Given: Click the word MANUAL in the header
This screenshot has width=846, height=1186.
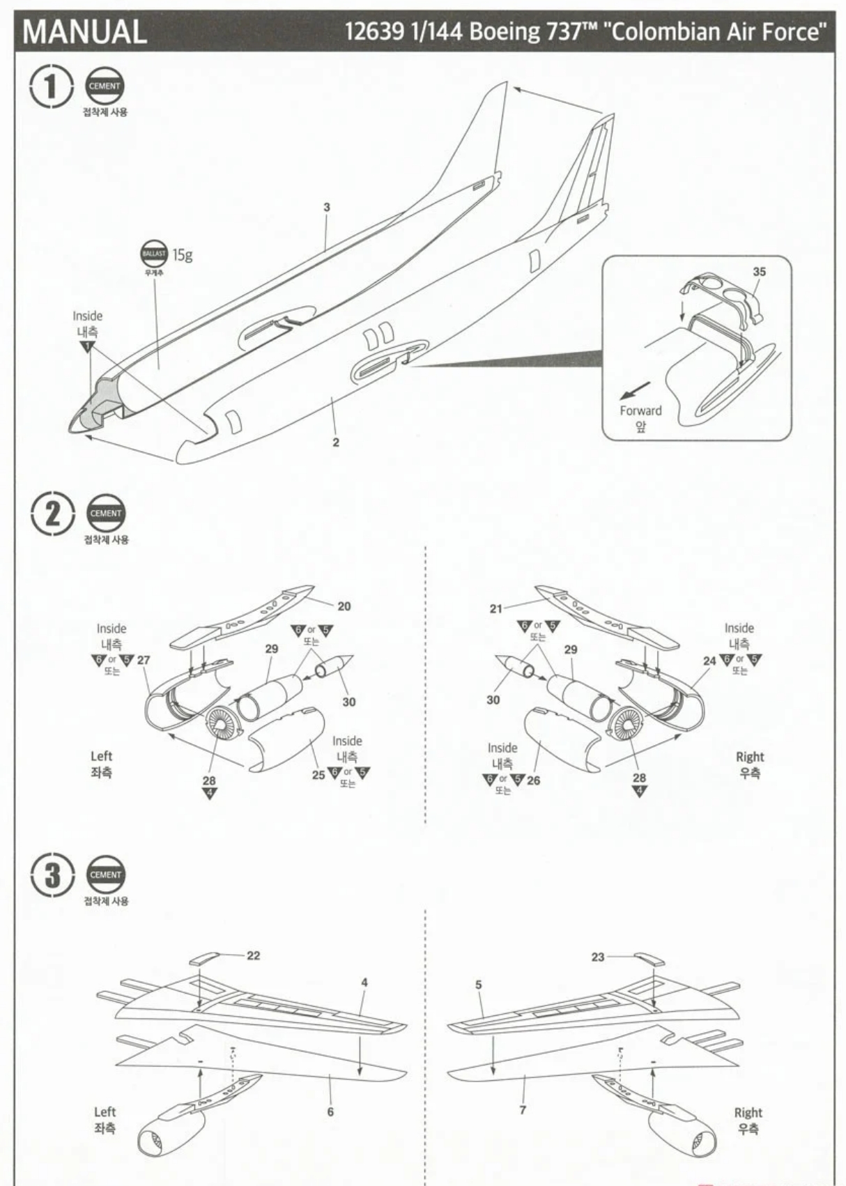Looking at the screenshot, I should click(85, 31).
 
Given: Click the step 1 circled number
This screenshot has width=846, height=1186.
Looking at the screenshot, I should click(51, 86).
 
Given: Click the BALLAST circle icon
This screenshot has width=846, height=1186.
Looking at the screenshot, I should click(154, 254).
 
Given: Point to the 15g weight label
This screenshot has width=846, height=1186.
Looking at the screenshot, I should click(183, 255).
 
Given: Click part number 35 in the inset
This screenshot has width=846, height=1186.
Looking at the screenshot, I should click(759, 272).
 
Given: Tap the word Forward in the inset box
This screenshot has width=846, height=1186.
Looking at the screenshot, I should click(640, 410).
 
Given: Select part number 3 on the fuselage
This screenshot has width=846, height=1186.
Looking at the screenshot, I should click(327, 208).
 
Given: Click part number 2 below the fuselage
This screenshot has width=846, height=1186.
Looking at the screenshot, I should click(336, 442).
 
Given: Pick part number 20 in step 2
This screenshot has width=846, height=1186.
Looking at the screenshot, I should click(344, 606).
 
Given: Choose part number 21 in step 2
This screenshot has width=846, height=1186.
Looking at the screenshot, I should click(495, 608).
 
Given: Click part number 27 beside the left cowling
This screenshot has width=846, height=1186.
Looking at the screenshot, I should click(144, 660).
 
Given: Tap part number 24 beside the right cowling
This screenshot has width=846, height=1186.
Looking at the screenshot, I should click(709, 660).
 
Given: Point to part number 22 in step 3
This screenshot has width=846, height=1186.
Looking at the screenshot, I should click(253, 955).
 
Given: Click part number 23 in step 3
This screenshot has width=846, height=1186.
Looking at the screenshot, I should click(598, 957).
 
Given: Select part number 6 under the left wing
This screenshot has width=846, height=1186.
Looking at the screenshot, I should click(330, 1111).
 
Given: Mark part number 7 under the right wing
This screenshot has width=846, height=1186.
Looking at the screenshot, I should click(523, 1109).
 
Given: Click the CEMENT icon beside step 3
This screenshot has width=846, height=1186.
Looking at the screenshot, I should click(105, 875).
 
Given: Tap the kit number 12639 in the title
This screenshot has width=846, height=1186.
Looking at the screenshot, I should click(374, 32).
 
